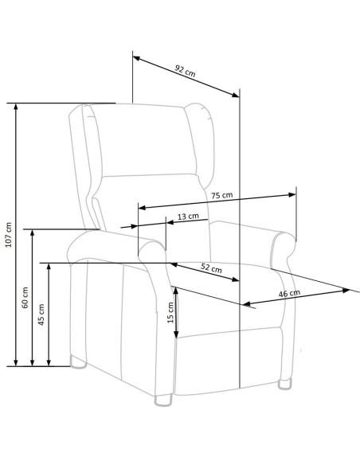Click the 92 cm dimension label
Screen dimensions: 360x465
tap(186, 71)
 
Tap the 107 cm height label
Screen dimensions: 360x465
tap(9, 235)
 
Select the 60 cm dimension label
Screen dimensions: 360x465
tap(25, 298)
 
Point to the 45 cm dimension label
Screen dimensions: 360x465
tap(41, 315)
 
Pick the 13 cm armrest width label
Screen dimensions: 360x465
tap(188, 217)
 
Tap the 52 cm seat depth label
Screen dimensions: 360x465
tap(211, 268)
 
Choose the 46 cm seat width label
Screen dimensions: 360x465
tap(289, 293)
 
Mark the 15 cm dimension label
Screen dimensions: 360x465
tap(170, 313)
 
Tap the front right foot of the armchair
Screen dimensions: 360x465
tap(285, 384)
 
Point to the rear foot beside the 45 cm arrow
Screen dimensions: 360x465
tap(78, 362)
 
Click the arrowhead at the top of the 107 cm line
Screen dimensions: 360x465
tap(16, 107)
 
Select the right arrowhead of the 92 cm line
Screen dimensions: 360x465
tap(236, 95)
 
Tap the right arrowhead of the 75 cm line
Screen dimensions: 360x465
tap(292, 194)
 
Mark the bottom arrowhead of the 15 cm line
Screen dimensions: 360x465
tap(176, 334)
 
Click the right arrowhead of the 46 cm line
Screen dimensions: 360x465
tap(346, 291)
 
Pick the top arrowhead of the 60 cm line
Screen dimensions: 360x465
tap(33, 232)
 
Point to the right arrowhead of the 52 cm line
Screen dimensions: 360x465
tap(235, 279)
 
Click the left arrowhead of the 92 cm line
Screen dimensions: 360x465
tap(136, 58)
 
